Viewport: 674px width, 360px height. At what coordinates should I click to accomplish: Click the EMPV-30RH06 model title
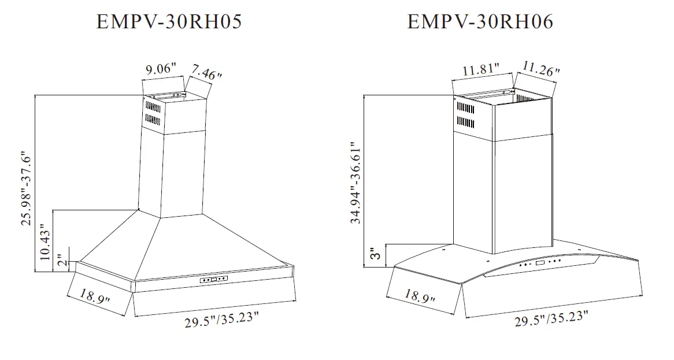[480, 22]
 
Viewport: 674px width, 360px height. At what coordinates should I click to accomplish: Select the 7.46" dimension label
[206, 73]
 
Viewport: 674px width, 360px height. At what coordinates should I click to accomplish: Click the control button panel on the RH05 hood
[214, 280]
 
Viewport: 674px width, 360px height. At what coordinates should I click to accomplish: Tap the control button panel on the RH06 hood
[539, 263]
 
